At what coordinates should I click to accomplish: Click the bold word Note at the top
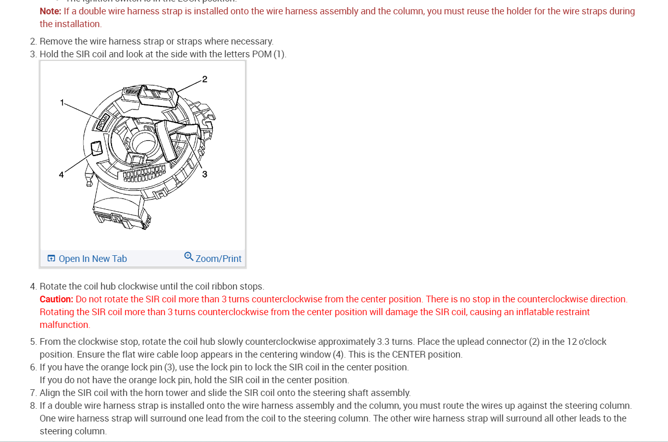coord(50,11)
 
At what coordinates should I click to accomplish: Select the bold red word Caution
coord(56,299)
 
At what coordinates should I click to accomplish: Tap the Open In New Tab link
coord(93,259)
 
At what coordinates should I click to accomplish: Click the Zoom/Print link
coord(218,259)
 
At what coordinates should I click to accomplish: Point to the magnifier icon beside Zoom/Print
coord(189,256)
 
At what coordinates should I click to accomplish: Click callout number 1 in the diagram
coord(62,102)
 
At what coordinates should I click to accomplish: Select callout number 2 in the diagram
coord(205,79)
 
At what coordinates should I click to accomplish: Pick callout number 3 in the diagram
coord(205,174)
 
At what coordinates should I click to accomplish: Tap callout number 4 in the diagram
coord(61,174)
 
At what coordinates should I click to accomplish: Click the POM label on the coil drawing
coord(103,122)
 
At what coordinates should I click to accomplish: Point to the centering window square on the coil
coord(96,148)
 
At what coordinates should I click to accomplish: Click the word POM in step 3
coord(261,54)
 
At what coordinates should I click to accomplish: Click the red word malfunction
coord(64,325)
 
